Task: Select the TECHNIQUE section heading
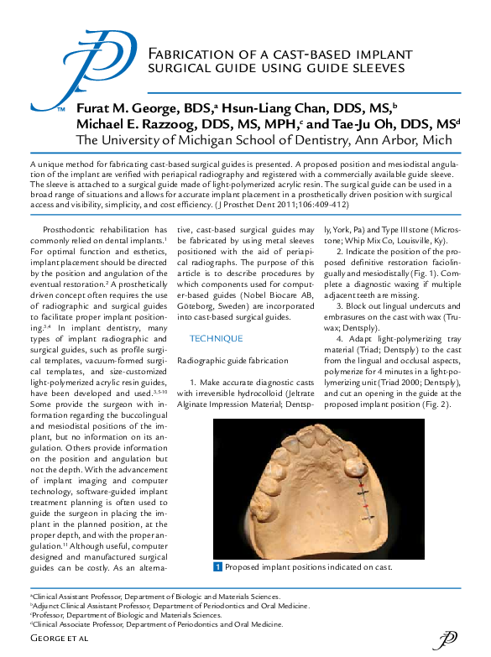[217, 338]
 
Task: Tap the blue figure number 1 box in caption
[217, 568]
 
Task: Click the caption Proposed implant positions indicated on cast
[309, 568]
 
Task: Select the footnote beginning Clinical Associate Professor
[156, 624]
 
